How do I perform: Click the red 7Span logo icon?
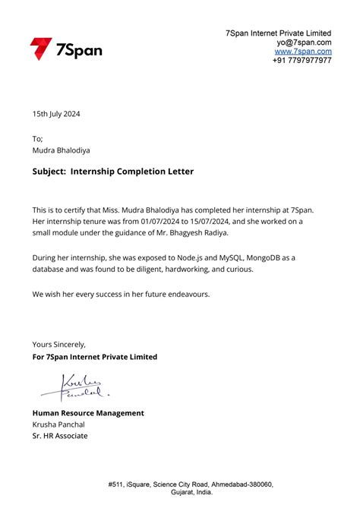tap(40, 49)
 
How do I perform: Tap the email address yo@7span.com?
tap(304, 43)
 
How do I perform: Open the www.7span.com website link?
tap(303, 52)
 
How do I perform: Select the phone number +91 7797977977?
tap(302, 61)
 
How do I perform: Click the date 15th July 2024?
tap(55, 114)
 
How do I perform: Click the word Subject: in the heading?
tap(49, 172)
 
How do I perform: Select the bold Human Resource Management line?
tap(88, 413)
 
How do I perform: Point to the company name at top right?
tap(278, 33)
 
